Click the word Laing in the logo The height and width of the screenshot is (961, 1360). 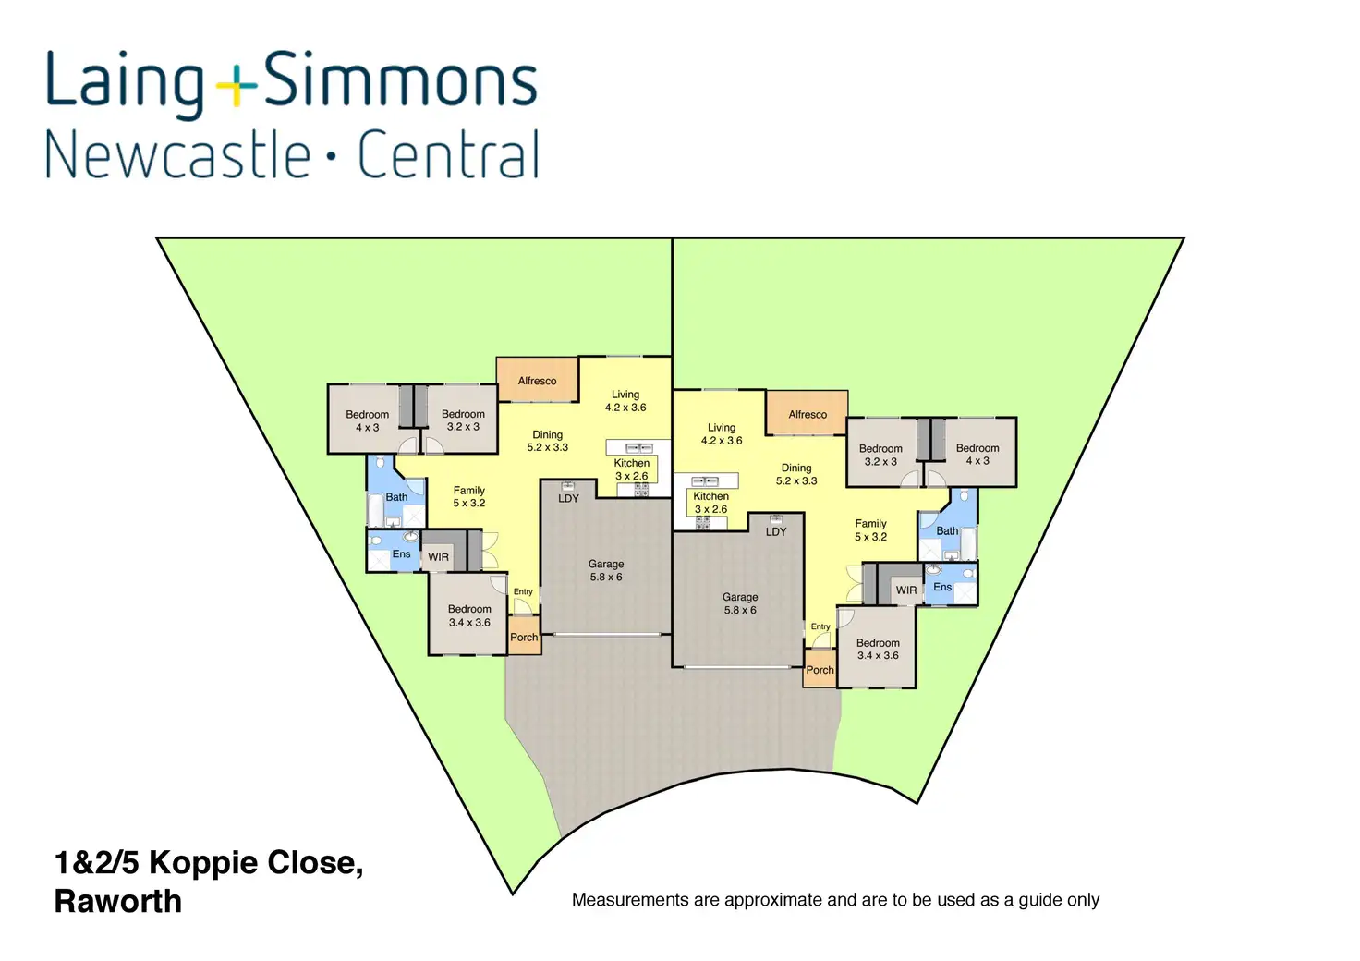pyautogui.click(x=125, y=84)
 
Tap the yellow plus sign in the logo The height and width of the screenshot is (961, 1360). pyautogui.click(x=237, y=86)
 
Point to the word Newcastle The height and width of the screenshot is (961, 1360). pyautogui.click(x=178, y=154)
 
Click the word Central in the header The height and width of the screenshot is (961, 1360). pyautogui.click(x=448, y=154)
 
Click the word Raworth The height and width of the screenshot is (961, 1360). pyautogui.click(x=117, y=902)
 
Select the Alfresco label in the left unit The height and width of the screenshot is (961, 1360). pyautogui.click(x=537, y=382)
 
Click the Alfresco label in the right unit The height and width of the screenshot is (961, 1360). pyautogui.click(x=807, y=415)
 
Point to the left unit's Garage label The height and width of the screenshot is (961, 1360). pyautogui.click(x=606, y=565)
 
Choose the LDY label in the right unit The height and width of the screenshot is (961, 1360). pyautogui.click(x=776, y=532)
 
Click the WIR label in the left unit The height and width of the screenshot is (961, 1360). pyautogui.click(x=438, y=557)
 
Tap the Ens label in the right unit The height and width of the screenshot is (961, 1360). pyautogui.click(x=942, y=587)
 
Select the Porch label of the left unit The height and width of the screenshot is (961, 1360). pyautogui.click(x=524, y=638)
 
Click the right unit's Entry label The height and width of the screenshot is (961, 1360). pyautogui.click(x=820, y=626)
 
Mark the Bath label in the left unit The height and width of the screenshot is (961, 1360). pyautogui.click(x=396, y=497)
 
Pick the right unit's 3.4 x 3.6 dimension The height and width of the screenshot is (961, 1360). pyautogui.click(x=878, y=656)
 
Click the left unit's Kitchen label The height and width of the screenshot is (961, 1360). pyautogui.click(x=631, y=463)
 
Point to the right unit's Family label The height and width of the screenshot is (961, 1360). pyautogui.click(x=870, y=523)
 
